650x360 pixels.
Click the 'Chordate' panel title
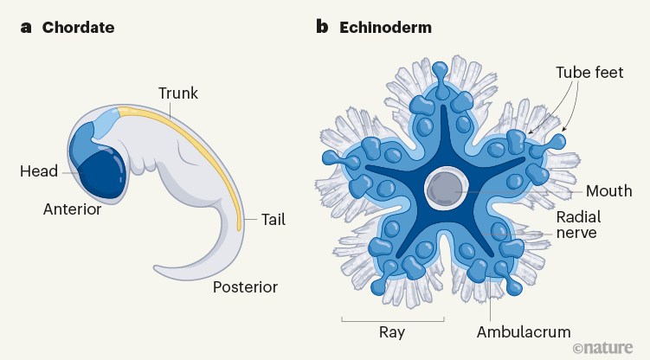(78, 28)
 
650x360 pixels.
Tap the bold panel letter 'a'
(26, 28)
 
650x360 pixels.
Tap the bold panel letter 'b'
(322, 28)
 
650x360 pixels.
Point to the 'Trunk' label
(177, 93)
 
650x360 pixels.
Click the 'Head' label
(39, 171)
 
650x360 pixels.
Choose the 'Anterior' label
(72, 209)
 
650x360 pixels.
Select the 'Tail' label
(273, 220)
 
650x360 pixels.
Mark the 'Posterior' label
(246, 285)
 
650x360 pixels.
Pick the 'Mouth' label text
(609, 190)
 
